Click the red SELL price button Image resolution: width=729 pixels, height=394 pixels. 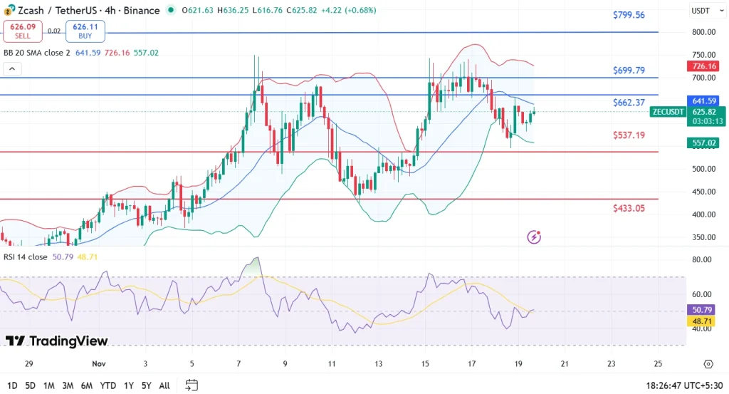pyautogui.click(x=23, y=31)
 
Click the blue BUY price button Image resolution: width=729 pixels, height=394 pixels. pyautogui.click(x=85, y=31)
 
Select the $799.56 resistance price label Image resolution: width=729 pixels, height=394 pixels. pyautogui.click(x=629, y=15)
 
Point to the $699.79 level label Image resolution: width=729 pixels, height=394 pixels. pyautogui.click(x=629, y=71)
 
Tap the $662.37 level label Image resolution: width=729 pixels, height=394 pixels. pyautogui.click(x=629, y=103)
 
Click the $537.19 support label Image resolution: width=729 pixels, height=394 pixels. pyautogui.click(x=629, y=135)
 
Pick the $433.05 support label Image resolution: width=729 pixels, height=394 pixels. pyautogui.click(x=629, y=208)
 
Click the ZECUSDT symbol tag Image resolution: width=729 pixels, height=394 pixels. pyautogui.click(x=668, y=112)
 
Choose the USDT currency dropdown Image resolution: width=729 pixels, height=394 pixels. pyautogui.click(x=706, y=11)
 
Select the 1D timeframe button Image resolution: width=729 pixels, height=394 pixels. pyautogui.click(x=12, y=385)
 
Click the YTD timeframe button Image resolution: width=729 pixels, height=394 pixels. pyautogui.click(x=109, y=385)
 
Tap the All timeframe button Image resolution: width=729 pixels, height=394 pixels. pyautogui.click(x=164, y=385)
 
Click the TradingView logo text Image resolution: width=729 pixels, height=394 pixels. pyautogui.click(x=56, y=341)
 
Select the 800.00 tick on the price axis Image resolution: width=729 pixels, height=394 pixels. pyautogui.click(x=703, y=32)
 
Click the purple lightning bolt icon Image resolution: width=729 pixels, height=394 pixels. pyautogui.click(x=534, y=237)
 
